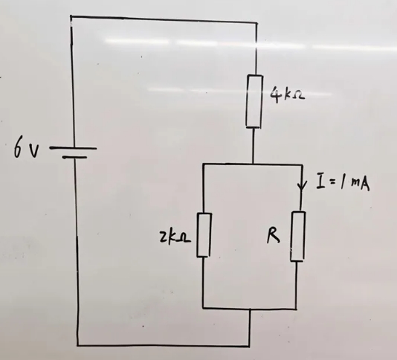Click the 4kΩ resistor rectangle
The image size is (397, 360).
click(254, 101)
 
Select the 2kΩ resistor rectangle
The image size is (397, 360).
click(204, 235)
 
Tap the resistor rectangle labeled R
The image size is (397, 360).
click(298, 236)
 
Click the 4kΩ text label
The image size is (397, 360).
click(287, 95)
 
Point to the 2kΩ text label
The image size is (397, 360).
click(175, 238)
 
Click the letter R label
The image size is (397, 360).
click(273, 237)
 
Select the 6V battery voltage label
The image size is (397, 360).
click(26, 149)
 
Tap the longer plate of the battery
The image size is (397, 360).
click(73, 148)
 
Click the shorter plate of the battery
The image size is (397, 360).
click(74, 158)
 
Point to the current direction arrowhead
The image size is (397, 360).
click(302, 186)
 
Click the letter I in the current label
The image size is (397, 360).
click(320, 181)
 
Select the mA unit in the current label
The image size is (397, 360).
click(361, 183)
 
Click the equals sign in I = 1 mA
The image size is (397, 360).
click(332, 182)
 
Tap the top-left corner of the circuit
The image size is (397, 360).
click(71, 16)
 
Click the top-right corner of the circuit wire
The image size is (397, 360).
click(256, 23)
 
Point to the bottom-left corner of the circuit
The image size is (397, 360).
click(78, 345)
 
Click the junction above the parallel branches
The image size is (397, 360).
click(253, 164)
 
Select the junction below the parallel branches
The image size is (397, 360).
click(250, 309)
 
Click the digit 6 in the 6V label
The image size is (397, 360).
click(19, 149)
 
